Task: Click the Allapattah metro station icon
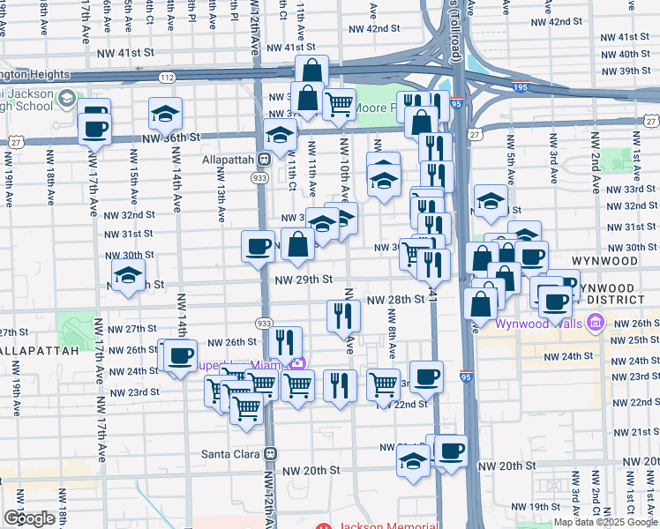click(263, 160)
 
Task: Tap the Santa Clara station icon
click(271, 453)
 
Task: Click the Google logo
click(29, 518)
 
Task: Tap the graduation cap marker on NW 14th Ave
click(165, 115)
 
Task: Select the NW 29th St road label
click(303, 279)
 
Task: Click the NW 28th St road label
click(396, 300)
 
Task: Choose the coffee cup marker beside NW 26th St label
click(180, 356)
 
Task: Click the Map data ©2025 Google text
click(606, 522)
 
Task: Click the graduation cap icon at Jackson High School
click(66, 99)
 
